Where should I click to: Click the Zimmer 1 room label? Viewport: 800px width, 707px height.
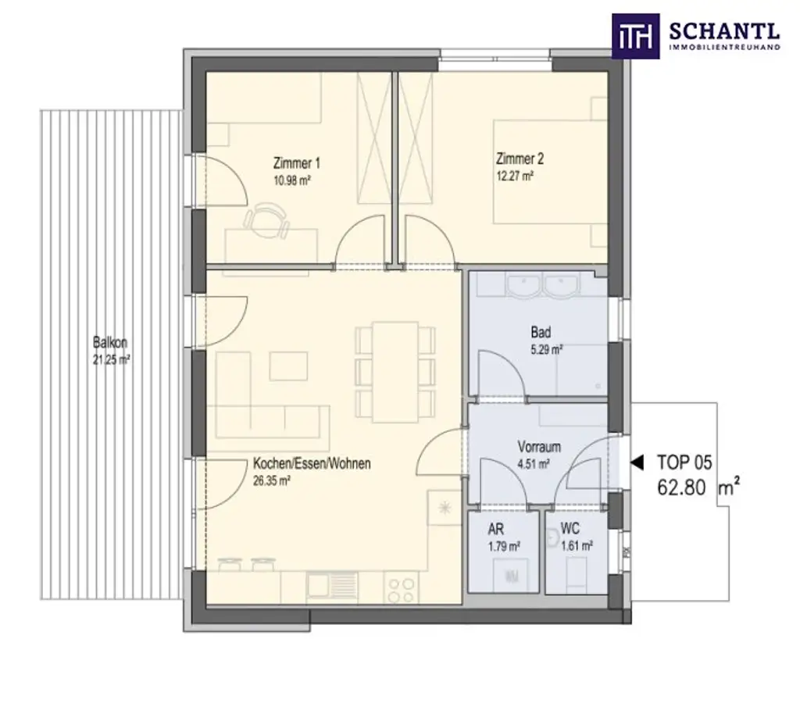click(x=296, y=163)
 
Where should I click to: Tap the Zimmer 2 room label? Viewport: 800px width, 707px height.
click(x=520, y=159)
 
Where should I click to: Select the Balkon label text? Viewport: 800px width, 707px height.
click(x=110, y=342)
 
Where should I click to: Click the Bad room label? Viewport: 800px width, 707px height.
click(x=541, y=333)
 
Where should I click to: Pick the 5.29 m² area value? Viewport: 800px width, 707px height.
click(x=547, y=351)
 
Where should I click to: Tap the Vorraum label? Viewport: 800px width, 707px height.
click(x=539, y=448)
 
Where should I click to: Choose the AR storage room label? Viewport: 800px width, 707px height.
click(x=495, y=530)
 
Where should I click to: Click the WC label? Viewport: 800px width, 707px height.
click(x=570, y=530)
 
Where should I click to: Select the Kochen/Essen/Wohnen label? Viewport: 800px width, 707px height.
click(x=312, y=463)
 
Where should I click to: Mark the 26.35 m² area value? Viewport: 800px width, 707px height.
click(x=272, y=482)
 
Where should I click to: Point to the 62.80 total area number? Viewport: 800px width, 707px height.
click(x=681, y=488)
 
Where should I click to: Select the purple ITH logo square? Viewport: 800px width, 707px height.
click(x=635, y=36)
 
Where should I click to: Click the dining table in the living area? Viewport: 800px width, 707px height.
click(x=395, y=371)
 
